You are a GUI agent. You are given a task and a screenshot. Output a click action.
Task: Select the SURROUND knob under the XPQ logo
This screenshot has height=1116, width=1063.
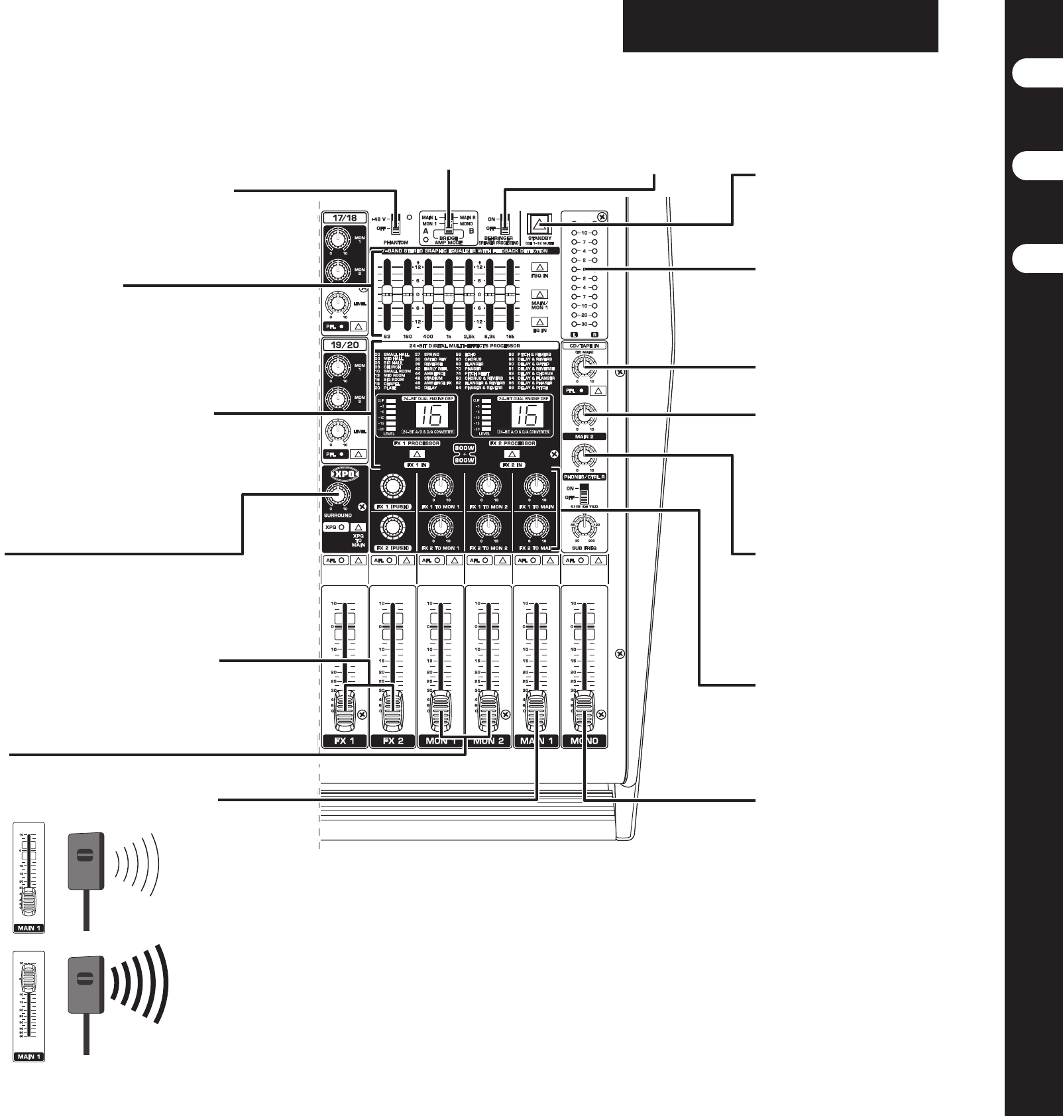point(338,494)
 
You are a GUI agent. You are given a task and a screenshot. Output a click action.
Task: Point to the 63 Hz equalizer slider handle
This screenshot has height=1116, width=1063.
point(387,293)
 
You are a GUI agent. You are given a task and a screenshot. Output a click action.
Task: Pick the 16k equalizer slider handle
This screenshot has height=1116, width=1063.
point(510,293)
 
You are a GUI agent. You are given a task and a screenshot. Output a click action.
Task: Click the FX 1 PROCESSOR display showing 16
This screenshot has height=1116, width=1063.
point(430,416)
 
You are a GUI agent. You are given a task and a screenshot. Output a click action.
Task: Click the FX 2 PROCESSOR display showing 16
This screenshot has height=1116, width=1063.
point(525,416)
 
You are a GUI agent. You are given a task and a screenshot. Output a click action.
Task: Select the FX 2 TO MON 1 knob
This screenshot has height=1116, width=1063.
point(439,528)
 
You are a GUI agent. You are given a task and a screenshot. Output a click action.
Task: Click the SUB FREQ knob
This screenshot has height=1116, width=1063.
point(584,527)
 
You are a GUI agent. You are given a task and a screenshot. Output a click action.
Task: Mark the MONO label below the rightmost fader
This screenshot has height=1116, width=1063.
point(584,741)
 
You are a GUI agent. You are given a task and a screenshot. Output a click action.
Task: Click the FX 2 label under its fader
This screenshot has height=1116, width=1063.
point(393,741)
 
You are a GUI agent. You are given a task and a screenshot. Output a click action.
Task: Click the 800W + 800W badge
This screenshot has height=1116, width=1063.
point(465,454)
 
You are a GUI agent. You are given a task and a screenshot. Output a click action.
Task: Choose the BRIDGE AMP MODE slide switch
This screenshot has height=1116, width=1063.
point(449,225)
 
